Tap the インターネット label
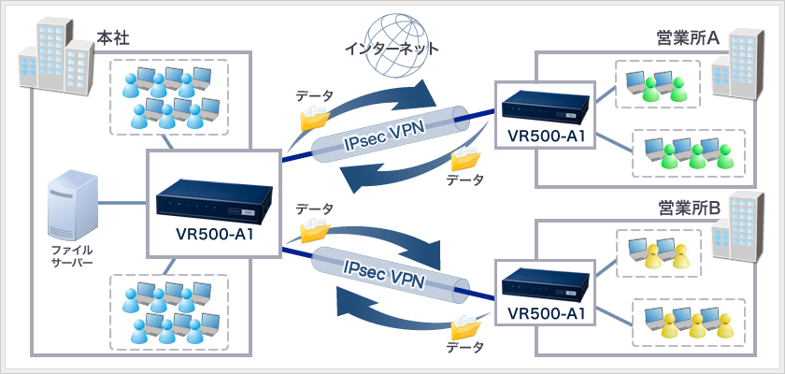point(392,48)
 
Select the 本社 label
point(113,39)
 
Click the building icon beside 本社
point(55,55)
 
